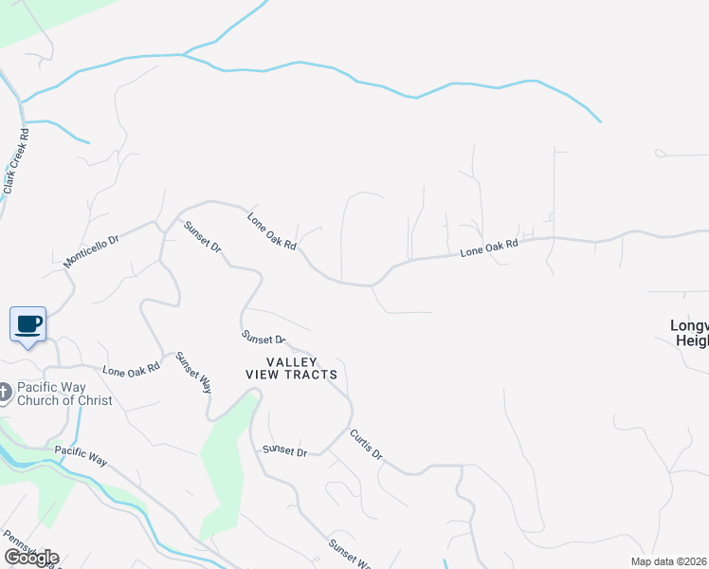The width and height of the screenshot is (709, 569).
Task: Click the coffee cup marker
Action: click(27, 324)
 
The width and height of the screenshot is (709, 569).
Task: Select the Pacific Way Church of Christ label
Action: click(64, 394)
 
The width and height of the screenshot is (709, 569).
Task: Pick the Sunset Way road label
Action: click(193, 373)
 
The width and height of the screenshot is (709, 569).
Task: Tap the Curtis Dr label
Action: click(366, 445)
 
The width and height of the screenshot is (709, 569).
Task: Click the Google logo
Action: click(30, 558)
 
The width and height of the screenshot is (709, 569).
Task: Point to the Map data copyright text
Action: click(669, 561)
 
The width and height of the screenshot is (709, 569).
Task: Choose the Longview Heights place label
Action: click(689, 332)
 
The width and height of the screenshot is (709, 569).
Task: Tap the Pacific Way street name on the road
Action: click(82, 454)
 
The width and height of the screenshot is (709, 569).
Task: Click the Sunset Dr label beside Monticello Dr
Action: click(202, 236)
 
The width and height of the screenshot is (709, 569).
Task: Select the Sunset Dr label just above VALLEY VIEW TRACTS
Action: click(264, 338)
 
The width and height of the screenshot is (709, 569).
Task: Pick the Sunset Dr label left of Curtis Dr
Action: click(285, 450)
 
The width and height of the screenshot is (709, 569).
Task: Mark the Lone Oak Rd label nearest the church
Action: click(128, 371)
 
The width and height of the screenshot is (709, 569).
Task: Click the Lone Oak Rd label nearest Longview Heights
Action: click(489, 248)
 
